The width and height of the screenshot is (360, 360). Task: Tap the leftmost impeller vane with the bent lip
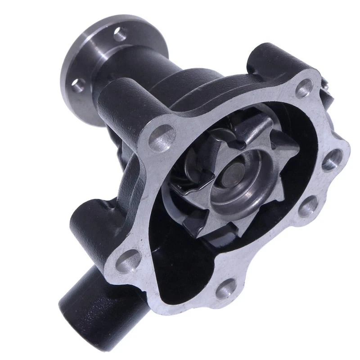(200, 189)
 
